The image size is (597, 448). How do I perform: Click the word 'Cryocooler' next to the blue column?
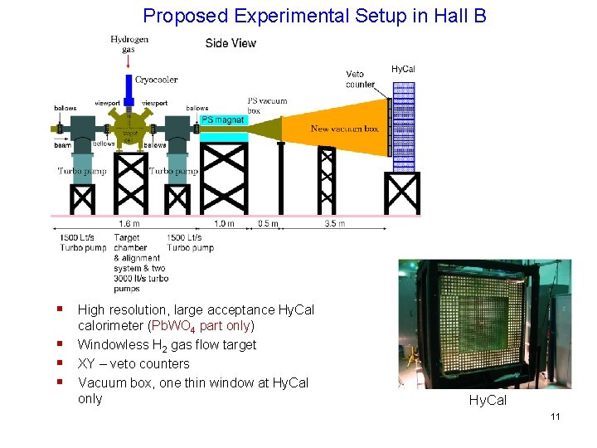click(157, 80)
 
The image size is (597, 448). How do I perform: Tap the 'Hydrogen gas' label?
click(129, 44)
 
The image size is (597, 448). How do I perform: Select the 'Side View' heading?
click(231, 43)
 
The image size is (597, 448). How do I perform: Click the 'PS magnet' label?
click(223, 121)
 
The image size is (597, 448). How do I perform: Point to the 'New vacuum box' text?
click(344, 129)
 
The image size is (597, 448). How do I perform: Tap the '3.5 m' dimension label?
click(335, 223)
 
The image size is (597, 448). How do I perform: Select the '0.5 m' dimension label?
click(266, 223)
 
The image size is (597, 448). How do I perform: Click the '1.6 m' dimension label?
click(129, 223)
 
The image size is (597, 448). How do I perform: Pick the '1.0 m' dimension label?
click(224, 223)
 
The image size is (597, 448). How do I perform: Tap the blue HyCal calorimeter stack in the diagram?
click(403, 124)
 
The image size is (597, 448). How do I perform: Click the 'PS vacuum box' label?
click(267, 106)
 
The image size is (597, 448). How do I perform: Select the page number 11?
click(555, 416)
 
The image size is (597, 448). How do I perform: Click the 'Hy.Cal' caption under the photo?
click(488, 401)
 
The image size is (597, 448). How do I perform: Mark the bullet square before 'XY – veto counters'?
click(61, 363)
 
